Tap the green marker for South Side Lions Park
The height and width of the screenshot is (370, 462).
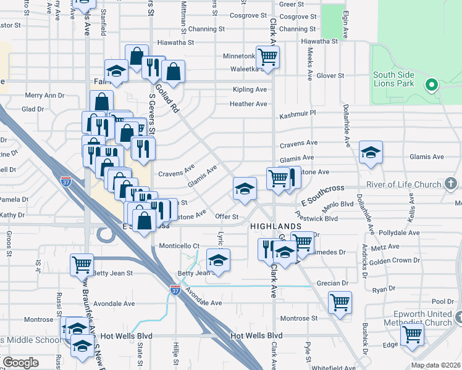coord(432,84)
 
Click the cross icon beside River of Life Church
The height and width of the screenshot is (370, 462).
coord(451,183)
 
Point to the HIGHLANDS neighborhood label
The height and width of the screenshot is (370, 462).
coord(275,227)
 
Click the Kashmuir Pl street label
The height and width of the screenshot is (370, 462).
coord(297,114)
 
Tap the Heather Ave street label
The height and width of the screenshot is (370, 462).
coord(248,104)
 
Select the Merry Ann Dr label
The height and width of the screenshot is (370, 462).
coord(44,96)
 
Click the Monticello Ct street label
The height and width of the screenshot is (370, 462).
coord(179,245)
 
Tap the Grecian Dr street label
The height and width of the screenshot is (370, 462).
coord(332,283)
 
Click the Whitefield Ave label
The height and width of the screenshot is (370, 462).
coord(334,367)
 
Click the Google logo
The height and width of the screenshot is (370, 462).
coord(20,363)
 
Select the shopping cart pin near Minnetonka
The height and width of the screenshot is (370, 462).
coord(267,57)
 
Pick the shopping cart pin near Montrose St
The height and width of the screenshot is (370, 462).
coord(340,303)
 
